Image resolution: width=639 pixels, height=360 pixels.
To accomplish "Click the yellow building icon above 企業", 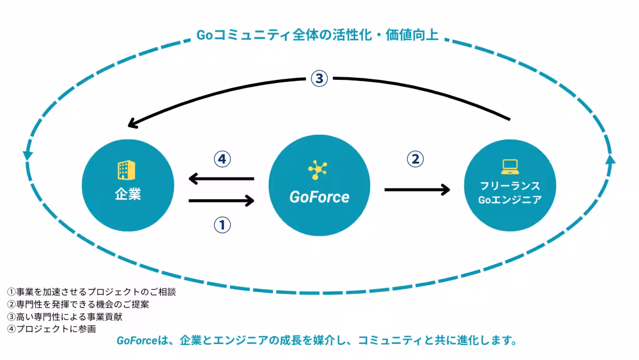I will (x=124, y=170).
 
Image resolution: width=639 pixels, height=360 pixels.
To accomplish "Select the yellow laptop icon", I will (x=510, y=167).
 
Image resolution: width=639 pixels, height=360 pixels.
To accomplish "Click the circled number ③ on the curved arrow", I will (x=318, y=79).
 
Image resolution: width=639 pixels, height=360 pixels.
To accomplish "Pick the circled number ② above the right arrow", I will (x=415, y=158).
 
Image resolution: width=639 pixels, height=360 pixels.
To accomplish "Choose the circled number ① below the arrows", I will (x=222, y=225).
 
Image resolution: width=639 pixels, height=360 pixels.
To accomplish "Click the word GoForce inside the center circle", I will (x=319, y=197).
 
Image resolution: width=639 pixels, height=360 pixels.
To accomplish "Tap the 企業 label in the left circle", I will (x=128, y=194).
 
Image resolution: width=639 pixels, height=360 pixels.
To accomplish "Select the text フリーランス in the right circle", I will (x=510, y=186).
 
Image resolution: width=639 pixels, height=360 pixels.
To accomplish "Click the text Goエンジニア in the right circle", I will (x=510, y=200).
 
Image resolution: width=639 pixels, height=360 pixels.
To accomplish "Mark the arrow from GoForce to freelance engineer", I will (x=417, y=189).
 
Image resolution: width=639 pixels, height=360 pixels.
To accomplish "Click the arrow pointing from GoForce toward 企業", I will (x=221, y=179).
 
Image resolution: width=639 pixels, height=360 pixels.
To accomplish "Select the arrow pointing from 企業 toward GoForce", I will (x=222, y=201).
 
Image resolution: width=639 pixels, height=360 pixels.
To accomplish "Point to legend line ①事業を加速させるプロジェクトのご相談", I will (x=91, y=292).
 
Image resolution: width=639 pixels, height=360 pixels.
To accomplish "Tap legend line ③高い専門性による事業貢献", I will (x=65, y=317).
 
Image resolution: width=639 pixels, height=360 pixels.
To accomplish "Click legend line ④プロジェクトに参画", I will (x=52, y=329).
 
